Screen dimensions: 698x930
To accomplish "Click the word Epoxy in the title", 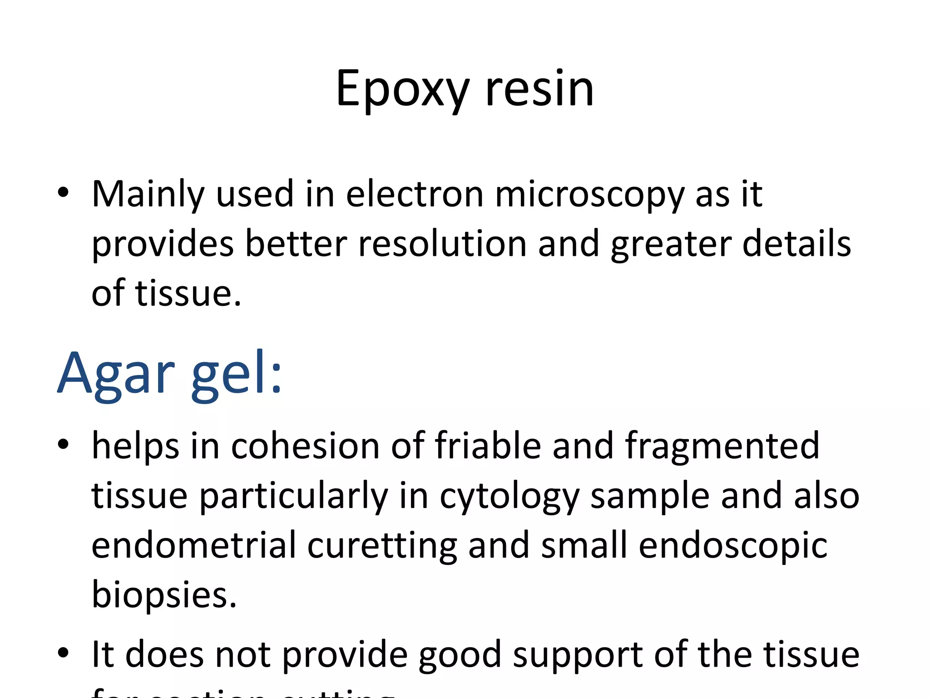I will point(402,90).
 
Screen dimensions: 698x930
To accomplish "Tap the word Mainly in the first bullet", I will point(148,195).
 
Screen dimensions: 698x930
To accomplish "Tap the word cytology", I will point(509,497).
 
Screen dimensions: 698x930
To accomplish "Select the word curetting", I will point(382,546).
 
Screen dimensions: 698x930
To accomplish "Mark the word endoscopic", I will point(733,546).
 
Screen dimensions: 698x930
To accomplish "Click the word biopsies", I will point(164,595).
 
